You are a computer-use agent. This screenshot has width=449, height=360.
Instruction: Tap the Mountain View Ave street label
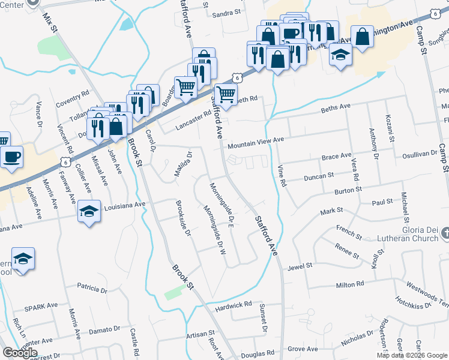(x=255, y=142)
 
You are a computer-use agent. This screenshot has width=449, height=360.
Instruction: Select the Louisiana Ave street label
(x=125, y=205)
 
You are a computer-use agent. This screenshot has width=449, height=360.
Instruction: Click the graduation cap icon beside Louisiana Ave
(x=88, y=212)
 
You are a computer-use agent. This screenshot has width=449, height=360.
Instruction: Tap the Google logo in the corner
(x=20, y=352)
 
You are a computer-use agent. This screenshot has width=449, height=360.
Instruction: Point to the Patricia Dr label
(x=91, y=289)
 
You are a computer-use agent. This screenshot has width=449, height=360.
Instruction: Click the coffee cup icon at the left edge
(x=11, y=157)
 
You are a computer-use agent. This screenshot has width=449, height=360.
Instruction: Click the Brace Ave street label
(x=336, y=156)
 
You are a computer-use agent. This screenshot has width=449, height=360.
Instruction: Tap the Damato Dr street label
(x=105, y=330)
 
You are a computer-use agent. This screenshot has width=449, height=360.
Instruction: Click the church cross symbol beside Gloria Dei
(x=445, y=232)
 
